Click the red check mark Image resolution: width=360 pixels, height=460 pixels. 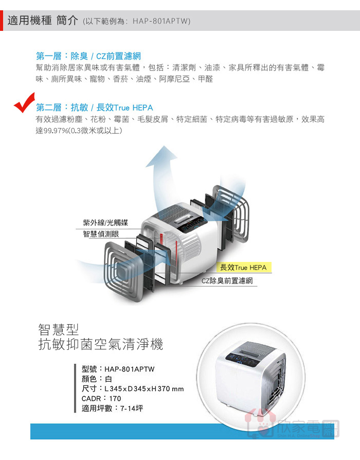tap(24, 103)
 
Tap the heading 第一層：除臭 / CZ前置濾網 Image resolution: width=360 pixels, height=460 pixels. tap(88, 56)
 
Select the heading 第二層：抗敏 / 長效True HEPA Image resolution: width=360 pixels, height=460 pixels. tap(95, 108)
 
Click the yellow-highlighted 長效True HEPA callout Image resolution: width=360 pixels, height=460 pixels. tap(243, 268)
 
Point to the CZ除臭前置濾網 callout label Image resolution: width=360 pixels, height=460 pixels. tap(227, 281)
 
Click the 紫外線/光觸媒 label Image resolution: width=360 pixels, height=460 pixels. tap(105, 223)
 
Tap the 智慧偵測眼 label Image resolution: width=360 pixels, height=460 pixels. tap(101, 234)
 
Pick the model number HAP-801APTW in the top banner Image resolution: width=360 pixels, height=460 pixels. tap(161, 21)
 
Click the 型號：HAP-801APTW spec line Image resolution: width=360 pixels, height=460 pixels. tap(118, 369)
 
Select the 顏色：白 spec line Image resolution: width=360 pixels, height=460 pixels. tap(97, 379)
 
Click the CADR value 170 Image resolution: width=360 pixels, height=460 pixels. tap(115, 398)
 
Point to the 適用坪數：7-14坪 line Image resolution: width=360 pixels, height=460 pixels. tap(112, 408)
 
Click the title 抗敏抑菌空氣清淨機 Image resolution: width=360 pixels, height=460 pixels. tap(101, 344)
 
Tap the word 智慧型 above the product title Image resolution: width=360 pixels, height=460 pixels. tap(59, 330)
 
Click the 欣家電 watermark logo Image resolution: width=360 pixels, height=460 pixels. tap(293, 426)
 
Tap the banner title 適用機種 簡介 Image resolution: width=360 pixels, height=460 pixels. tap(43, 20)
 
